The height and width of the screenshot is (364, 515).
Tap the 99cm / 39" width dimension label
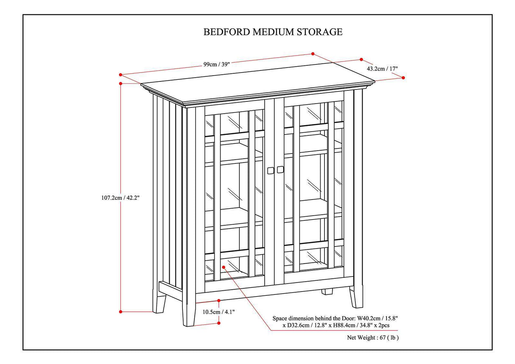click(216, 64)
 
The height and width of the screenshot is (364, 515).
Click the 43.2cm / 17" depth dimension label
click(382, 68)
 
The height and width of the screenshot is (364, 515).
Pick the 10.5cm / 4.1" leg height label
click(218, 312)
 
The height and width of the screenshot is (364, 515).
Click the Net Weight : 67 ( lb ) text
click(373, 338)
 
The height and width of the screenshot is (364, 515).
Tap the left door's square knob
click(270, 170)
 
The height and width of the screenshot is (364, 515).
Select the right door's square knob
click(280, 170)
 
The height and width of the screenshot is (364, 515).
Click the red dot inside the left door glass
click(224, 267)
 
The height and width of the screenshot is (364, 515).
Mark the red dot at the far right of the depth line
click(403, 78)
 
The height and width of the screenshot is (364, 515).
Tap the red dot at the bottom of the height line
click(121, 312)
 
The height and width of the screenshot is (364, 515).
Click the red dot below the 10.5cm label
click(218, 323)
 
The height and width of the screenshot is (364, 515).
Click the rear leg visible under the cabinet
click(327, 292)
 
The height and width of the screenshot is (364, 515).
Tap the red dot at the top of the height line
click(121, 83)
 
